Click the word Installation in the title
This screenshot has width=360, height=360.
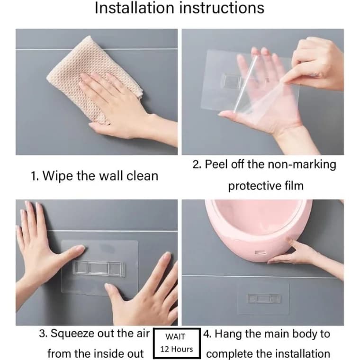tap(135, 8)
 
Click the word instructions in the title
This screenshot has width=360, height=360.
tap(222, 8)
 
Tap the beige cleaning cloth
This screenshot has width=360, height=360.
tap(94, 79)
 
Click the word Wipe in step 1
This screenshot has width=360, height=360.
tap(58, 176)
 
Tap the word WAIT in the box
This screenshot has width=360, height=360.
tap(175, 337)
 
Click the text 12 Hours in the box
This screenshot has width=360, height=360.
tap(177, 349)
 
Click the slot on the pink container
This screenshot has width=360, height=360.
tap(261, 253)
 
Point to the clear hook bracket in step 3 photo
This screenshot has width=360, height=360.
tap(99, 268)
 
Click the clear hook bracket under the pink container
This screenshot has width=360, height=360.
tap(263, 298)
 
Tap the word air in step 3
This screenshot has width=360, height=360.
tap(143, 334)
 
